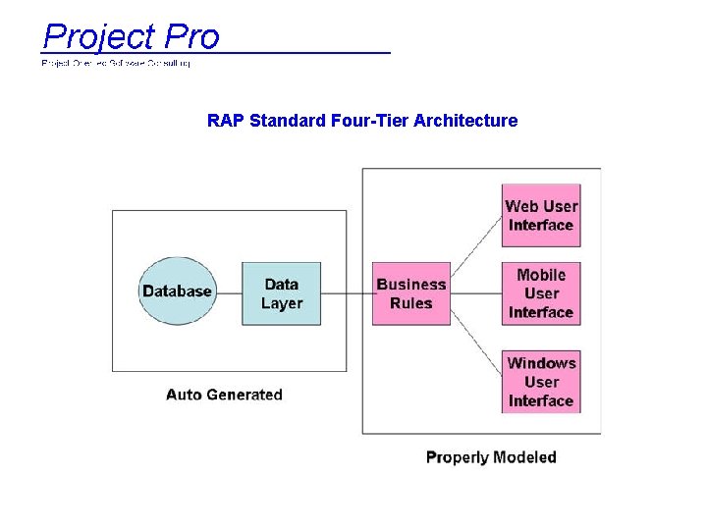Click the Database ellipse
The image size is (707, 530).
tap(177, 291)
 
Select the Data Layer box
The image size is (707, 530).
tap(281, 293)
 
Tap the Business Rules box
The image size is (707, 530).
tap(410, 293)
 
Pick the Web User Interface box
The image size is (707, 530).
tap(540, 215)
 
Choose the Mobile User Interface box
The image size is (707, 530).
tap(540, 293)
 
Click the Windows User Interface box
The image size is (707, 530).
tap(540, 382)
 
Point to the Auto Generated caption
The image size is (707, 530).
tap(224, 395)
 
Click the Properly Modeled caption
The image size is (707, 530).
tap(491, 457)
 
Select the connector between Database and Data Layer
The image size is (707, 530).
tap(228, 292)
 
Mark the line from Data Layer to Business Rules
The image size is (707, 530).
tap(346, 292)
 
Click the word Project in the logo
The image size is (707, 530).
tap(98, 37)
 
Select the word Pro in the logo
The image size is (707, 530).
tap(191, 37)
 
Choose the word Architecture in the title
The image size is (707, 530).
tap(465, 121)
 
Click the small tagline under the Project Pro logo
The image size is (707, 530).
tap(116, 63)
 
